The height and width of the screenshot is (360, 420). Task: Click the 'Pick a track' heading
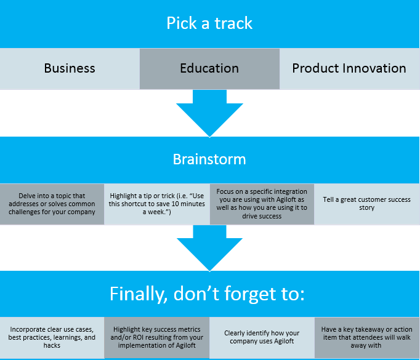click(209, 23)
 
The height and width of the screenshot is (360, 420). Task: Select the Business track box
click(70, 68)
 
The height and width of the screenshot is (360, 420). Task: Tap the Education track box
click(209, 69)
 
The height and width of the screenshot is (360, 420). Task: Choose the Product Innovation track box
click(349, 68)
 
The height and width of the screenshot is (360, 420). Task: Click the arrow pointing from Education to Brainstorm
click(209, 113)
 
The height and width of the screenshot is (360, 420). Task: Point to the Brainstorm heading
click(209, 159)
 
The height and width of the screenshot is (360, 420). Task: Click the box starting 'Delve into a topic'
click(52, 204)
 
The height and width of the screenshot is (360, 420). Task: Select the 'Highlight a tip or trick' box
click(156, 204)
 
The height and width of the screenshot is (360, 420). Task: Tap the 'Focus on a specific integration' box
click(262, 204)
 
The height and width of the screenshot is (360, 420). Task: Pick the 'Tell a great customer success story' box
click(366, 204)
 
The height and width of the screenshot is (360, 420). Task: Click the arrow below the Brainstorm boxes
click(209, 248)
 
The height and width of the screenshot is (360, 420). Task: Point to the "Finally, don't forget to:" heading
click(207, 294)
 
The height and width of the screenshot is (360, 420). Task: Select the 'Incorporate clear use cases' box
click(52, 337)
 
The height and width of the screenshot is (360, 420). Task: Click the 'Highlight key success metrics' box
click(156, 337)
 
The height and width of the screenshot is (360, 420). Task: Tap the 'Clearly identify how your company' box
click(262, 337)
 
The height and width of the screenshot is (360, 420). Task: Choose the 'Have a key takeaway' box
click(367, 337)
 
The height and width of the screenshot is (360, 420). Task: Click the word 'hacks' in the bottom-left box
click(52, 346)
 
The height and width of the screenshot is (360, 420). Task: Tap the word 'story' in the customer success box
click(366, 208)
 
